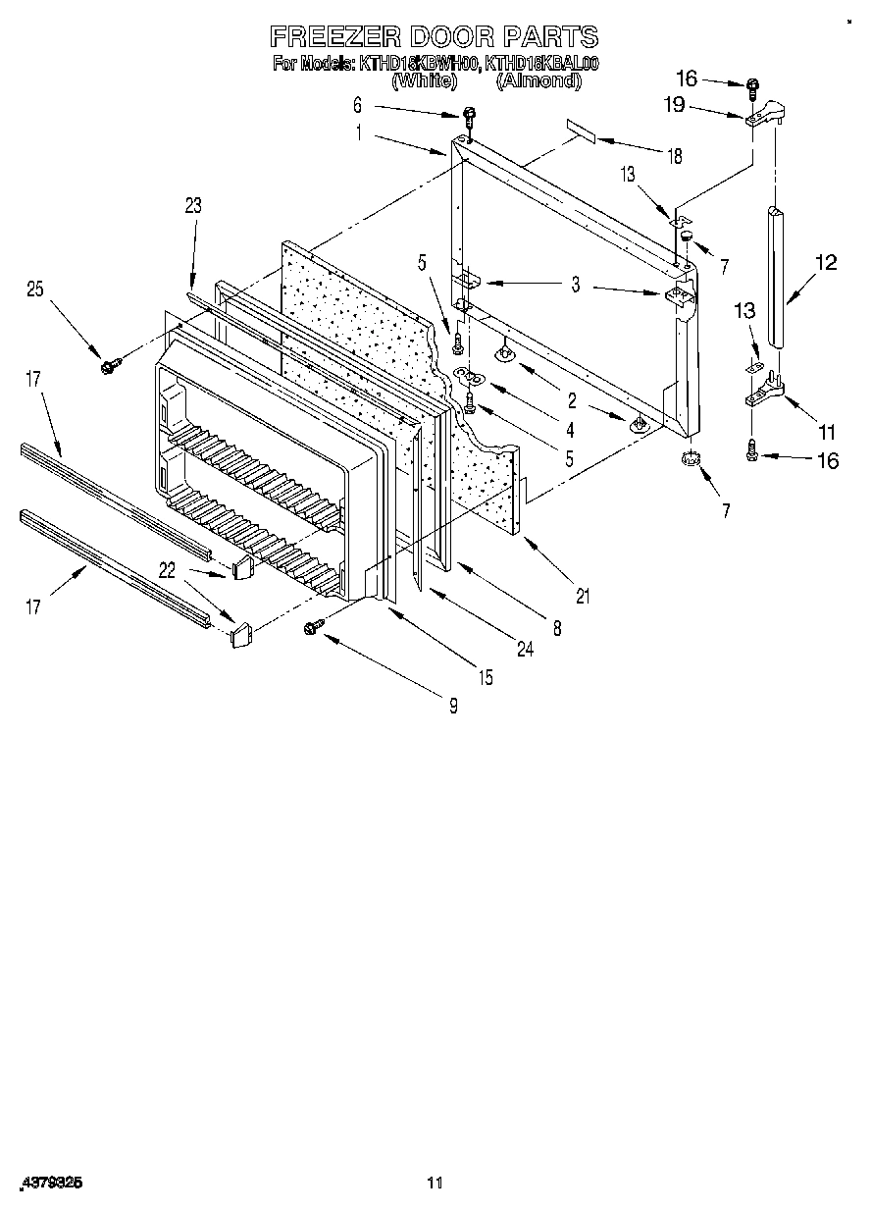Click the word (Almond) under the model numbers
pyautogui.click(x=538, y=82)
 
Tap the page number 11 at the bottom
pyautogui.click(x=435, y=1184)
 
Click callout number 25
pyautogui.click(x=35, y=290)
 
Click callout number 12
pyautogui.click(x=826, y=263)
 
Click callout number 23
pyautogui.click(x=192, y=205)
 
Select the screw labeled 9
pyautogui.click(x=316, y=625)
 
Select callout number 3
pyautogui.click(x=576, y=286)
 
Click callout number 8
pyautogui.click(x=557, y=629)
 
